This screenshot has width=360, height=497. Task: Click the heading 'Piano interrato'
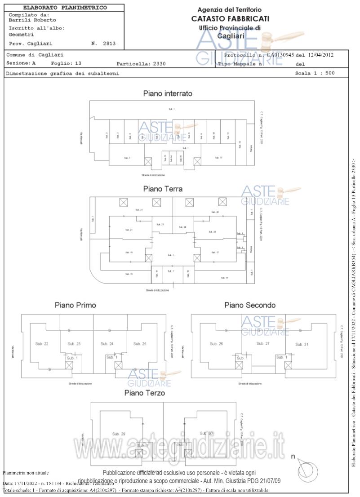168,94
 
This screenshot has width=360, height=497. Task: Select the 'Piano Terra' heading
163,189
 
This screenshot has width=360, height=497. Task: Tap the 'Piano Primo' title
75,305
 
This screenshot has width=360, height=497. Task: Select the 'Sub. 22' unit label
42,344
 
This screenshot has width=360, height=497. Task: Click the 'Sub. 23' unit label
74,344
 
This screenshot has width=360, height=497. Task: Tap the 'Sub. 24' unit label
107,344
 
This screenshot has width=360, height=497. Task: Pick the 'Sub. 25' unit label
140,344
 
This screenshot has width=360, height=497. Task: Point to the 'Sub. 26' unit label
216,344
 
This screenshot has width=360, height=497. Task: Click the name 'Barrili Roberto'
27,20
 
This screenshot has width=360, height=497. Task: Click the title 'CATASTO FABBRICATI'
230,18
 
